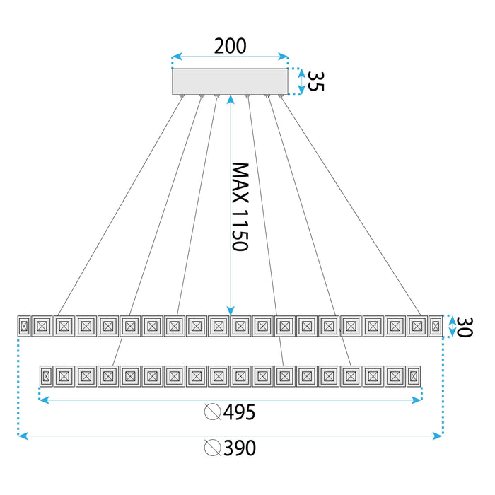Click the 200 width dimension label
(x=231, y=47)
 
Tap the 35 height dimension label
(x=316, y=81)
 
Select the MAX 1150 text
(x=240, y=206)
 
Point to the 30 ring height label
(x=462, y=326)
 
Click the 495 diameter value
(x=239, y=412)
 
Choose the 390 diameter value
(x=239, y=448)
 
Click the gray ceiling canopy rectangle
(x=231, y=81)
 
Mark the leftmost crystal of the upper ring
(x=24, y=326)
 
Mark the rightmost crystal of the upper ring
(x=436, y=326)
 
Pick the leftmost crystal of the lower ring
(x=47, y=375)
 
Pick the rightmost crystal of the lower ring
(x=414, y=375)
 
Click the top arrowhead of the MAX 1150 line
(x=231, y=100)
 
